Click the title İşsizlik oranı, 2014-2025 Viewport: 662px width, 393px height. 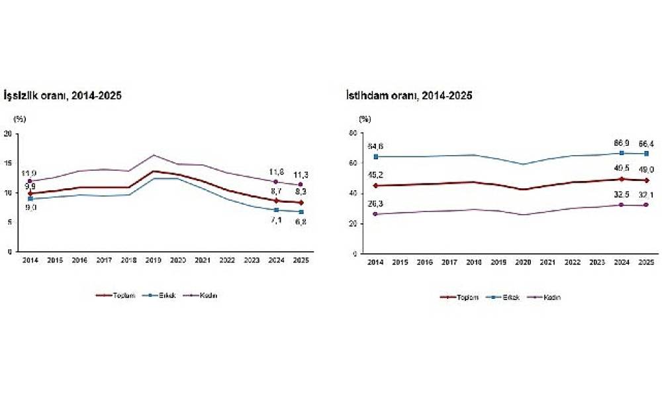(63, 95)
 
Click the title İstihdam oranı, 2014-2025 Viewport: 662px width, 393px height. (408, 95)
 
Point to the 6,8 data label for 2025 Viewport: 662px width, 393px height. (301, 222)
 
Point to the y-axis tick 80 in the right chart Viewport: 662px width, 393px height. (354, 133)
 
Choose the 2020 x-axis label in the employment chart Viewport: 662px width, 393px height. (522, 262)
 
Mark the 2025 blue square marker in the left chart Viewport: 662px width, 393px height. (301, 212)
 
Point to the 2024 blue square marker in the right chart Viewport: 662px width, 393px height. (621, 153)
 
